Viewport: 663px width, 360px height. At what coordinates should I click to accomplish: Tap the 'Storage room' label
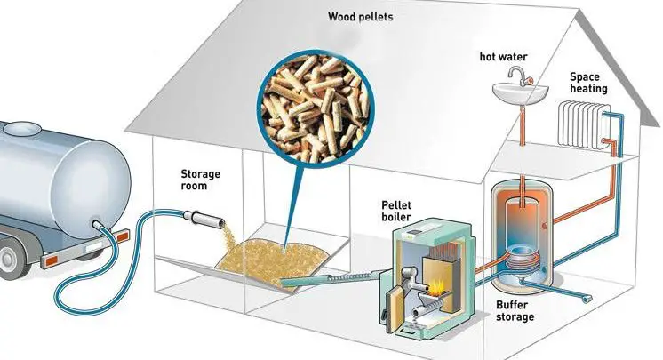point(200,180)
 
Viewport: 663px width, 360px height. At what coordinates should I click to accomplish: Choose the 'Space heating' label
point(588,83)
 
